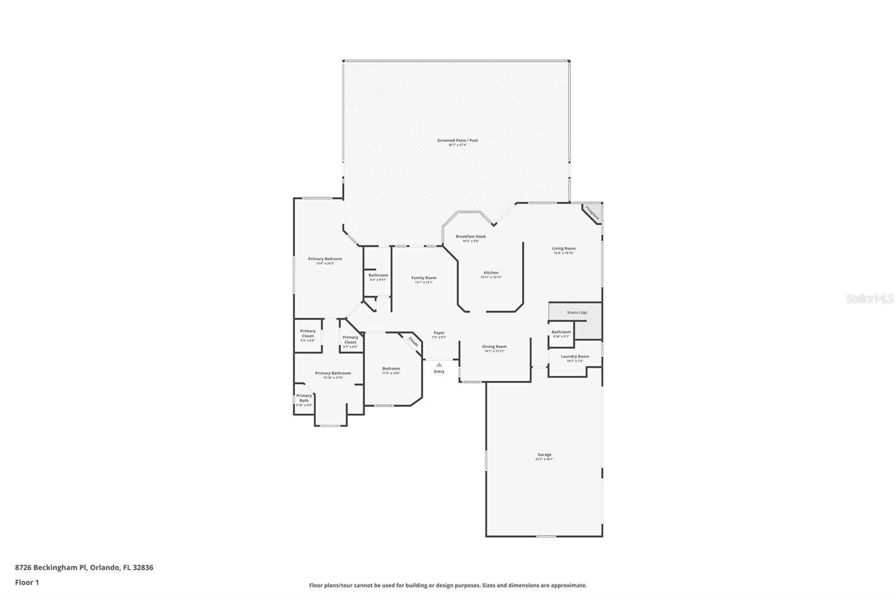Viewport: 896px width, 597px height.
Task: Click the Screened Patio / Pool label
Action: (458, 141)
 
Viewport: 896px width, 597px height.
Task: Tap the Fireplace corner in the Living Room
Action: (592, 213)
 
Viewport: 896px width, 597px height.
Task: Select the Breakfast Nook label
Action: (470, 236)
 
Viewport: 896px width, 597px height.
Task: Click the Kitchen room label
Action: (491, 273)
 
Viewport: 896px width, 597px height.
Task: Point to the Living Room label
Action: (563, 249)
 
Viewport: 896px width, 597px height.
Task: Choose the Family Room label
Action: (423, 278)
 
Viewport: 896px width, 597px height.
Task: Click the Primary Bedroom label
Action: (325, 259)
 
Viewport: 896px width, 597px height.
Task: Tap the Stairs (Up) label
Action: (577, 313)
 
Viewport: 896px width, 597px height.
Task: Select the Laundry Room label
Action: (575, 357)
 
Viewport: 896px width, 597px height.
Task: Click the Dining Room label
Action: (494, 347)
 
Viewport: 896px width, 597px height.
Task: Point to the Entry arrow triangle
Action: (439, 365)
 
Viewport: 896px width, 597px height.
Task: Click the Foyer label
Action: (439, 333)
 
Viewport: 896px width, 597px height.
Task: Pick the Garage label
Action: (544, 455)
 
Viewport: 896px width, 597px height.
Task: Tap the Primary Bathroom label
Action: (333, 374)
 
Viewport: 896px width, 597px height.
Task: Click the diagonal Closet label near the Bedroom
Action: (413, 341)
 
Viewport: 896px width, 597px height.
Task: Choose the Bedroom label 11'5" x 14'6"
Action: (391, 369)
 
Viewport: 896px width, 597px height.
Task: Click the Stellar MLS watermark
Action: (869, 299)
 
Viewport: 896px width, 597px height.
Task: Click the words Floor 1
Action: (27, 582)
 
